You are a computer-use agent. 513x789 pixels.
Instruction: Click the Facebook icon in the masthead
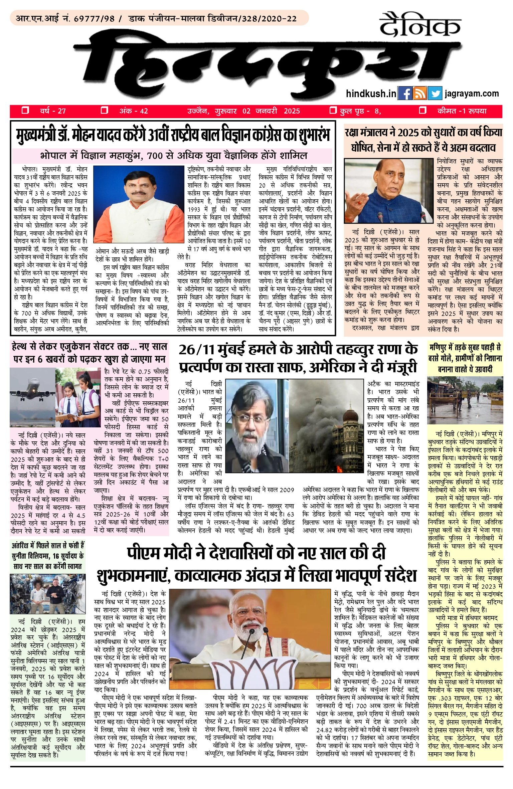[405, 93]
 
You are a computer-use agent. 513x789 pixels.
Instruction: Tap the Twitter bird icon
[435, 93]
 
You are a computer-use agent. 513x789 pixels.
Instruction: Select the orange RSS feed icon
[419, 93]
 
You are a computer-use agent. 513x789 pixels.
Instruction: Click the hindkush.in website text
[371, 93]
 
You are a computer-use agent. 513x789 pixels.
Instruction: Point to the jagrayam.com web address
[472, 93]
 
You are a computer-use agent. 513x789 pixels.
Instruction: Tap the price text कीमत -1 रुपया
[462, 111]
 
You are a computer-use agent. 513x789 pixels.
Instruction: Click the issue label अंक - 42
[134, 111]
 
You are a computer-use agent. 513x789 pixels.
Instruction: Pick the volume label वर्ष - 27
[53, 111]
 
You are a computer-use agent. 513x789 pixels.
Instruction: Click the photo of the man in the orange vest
[139, 204]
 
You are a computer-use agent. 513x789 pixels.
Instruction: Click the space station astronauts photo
[47, 593]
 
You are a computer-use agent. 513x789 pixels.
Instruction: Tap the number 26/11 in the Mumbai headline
[197, 350]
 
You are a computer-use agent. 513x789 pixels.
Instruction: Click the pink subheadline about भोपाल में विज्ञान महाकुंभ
[173, 156]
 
